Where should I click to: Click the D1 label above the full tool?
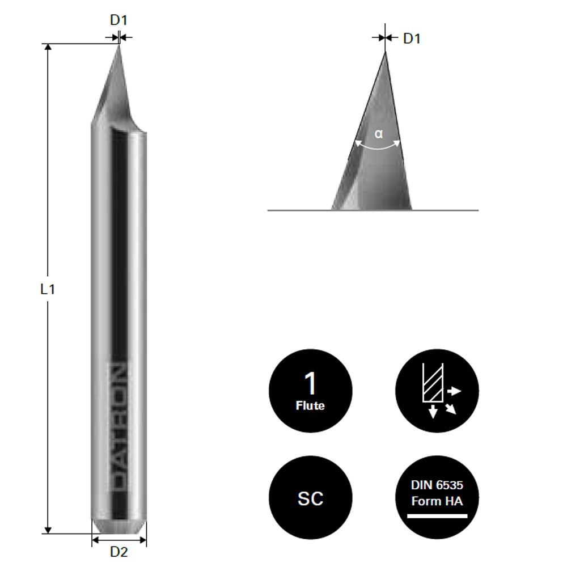tap(119, 20)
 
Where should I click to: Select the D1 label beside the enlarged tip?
tap(412, 39)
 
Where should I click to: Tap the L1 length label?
tap(48, 289)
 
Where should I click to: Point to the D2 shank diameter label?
tap(119, 552)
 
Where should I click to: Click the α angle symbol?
tap(379, 134)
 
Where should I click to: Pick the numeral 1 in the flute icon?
tap(310, 384)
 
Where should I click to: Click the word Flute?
tap(310, 405)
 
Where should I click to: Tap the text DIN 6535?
tap(437, 485)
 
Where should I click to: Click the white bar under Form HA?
tap(437, 516)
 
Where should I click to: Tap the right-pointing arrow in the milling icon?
tap(455, 391)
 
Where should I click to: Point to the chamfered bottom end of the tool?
tap(119, 526)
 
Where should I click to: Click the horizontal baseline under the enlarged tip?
tap(454, 210)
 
